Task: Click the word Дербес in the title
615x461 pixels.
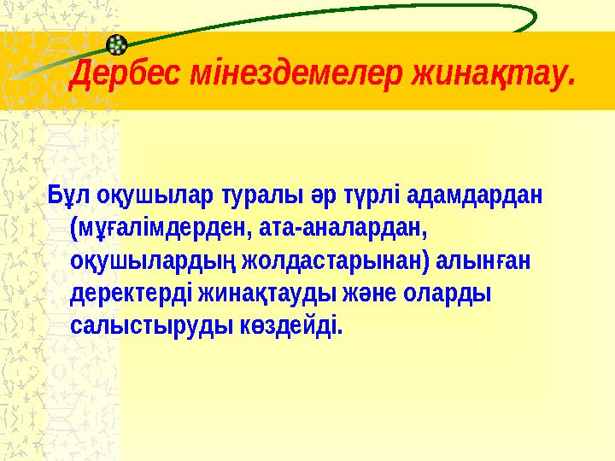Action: click(115, 74)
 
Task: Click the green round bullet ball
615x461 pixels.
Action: click(120, 44)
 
